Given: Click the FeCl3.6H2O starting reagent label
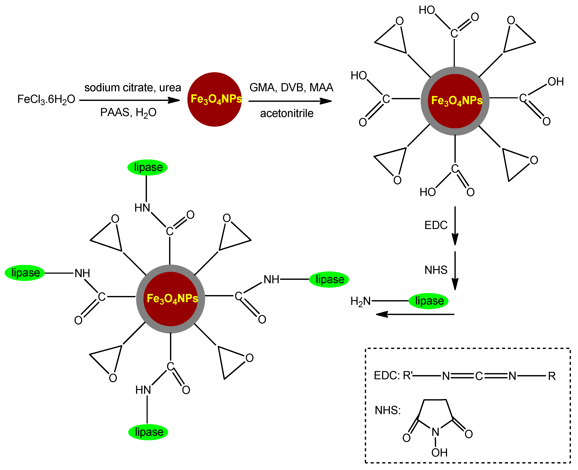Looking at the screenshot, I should point(46,99).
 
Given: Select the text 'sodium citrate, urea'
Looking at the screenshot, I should point(133,87).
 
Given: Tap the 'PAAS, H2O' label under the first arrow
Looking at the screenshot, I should point(128,112).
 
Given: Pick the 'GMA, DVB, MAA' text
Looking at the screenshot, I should point(291,87).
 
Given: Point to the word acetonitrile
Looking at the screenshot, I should point(287,113).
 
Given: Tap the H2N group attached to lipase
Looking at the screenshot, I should point(360,301).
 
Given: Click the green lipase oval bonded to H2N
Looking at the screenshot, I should point(428,301).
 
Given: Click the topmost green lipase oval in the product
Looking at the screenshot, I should point(147,167).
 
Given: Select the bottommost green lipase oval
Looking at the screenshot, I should point(148,432).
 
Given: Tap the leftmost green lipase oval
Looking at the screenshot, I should point(25,273).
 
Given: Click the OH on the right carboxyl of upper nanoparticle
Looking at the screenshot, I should point(556,81).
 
